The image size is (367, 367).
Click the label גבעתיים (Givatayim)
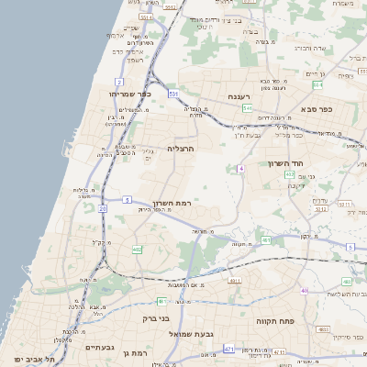pos(99,348)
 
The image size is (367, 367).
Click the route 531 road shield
pos(173,94)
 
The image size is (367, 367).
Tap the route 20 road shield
pos(102,209)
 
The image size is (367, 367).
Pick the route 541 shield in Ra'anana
pos(249,109)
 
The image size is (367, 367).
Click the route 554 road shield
pos(317,84)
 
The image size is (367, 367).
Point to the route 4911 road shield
pos(235,280)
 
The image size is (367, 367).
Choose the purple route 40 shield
pos(305,290)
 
